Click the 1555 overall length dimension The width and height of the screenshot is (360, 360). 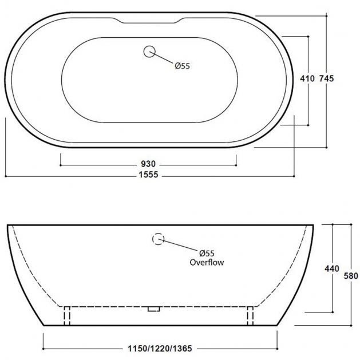(x=149, y=175)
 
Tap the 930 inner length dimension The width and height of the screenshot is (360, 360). (x=148, y=164)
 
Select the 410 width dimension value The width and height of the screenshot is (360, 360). (x=307, y=79)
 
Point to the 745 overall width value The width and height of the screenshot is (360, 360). (x=326, y=79)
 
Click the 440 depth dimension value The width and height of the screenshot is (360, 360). (x=332, y=268)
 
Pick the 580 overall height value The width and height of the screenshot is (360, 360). (x=351, y=276)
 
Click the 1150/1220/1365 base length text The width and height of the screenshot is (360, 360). (x=160, y=349)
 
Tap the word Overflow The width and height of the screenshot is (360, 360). (x=207, y=262)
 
